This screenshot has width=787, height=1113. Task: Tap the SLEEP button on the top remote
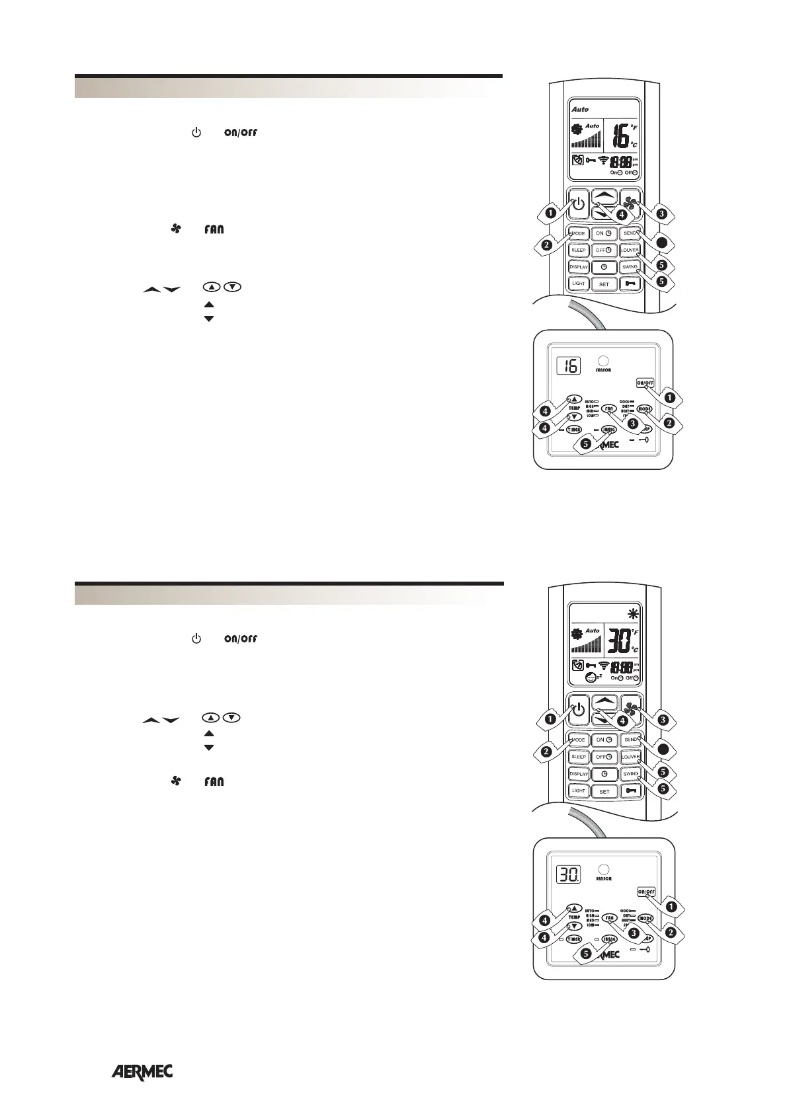[x=579, y=250]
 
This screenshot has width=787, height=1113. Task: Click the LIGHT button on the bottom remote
[x=579, y=790]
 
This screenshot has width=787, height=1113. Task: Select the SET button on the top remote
[x=604, y=284]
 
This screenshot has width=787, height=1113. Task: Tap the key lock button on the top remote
[x=630, y=284]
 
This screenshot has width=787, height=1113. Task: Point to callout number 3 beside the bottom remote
[x=663, y=720]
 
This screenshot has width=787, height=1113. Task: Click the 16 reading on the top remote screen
[x=620, y=137]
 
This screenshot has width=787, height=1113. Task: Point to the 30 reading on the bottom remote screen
[x=620, y=642]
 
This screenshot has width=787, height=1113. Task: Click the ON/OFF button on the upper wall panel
[x=645, y=383]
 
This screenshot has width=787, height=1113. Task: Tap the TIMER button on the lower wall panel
[x=573, y=939]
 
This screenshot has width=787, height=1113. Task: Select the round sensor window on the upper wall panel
[x=602, y=362]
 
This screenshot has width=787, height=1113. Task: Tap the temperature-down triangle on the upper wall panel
[x=575, y=416]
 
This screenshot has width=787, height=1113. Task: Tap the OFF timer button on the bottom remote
[x=603, y=757]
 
